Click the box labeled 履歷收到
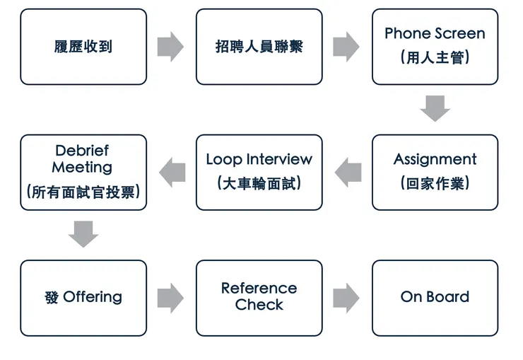tap(83, 47)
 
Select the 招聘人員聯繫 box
tap(259, 47)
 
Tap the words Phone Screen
tap(435, 34)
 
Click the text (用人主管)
tap(435, 58)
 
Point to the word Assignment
tap(435, 159)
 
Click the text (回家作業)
tap(435, 183)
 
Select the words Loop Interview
tap(259, 159)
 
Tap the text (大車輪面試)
tap(259, 183)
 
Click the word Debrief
tap(82, 151)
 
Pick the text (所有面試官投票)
tap(83, 192)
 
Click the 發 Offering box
tap(83, 297)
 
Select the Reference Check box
tap(259, 297)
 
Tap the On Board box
tap(435, 297)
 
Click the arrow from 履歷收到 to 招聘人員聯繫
tap(170, 47)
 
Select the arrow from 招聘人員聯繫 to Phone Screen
tap(346, 47)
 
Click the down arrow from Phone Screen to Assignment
tap(435, 109)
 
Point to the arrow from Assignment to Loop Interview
tap(348, 172)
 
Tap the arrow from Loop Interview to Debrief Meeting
tap(172, 172)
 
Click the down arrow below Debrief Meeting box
tap(83, 234)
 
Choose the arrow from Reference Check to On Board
tap(346, 298)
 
